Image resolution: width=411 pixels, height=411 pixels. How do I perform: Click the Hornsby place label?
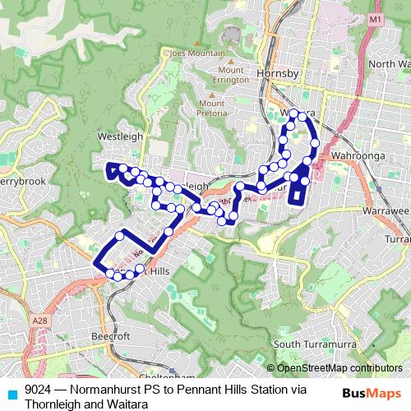coord(276,74)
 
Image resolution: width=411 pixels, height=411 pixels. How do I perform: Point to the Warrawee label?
coord(386,210)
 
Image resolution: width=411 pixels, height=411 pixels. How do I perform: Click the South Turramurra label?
coord(311,344)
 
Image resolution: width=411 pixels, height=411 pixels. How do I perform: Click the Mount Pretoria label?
coord(212,108)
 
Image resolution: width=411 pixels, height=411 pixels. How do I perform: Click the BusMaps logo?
coord(372,394)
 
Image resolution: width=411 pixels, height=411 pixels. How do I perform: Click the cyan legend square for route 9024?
coord(12,394)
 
